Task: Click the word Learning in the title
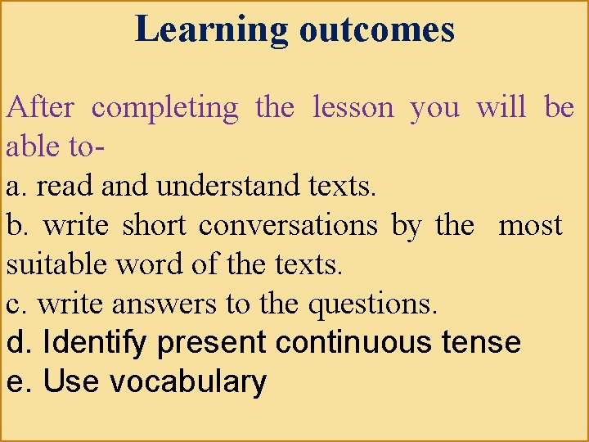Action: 211,29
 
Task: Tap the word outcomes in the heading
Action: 376,29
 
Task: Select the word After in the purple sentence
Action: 40,107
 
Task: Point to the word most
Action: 530,226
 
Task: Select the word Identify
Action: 96,342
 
